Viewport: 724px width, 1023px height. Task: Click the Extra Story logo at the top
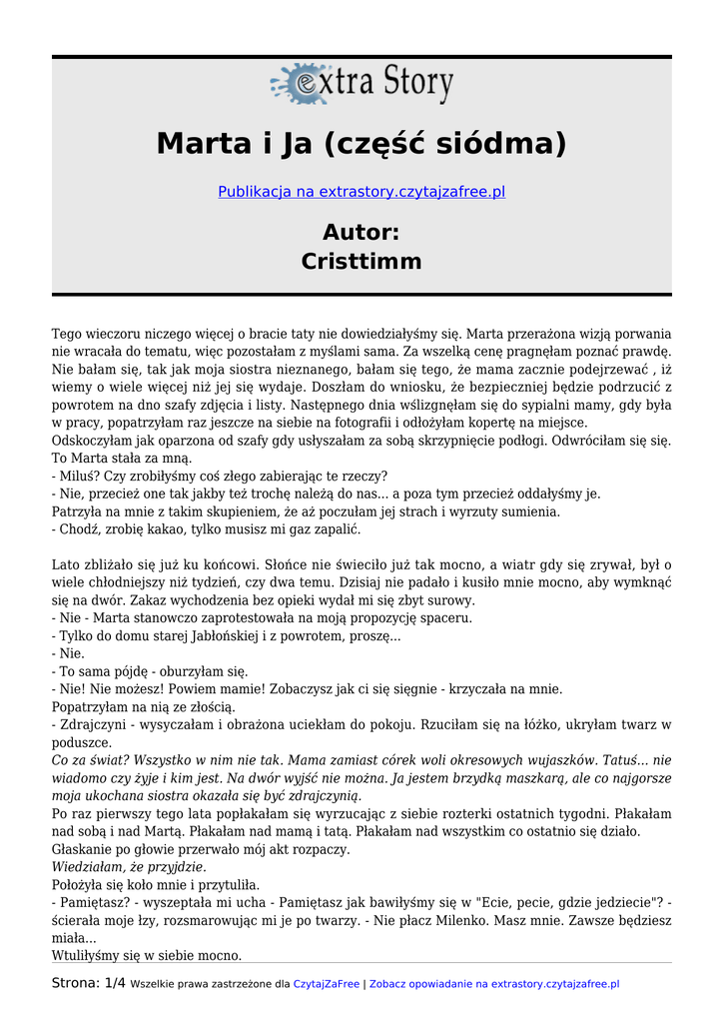[362, 84]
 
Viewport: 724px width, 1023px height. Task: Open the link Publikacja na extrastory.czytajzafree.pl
[362, 191]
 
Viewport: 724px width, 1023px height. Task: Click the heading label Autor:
[362, 233]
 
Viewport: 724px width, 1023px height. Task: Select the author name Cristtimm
[362, 262]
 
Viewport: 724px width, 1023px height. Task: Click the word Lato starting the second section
[68, 565]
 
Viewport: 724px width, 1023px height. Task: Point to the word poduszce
[82, 742]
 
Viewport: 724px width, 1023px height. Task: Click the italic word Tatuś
[626, 760]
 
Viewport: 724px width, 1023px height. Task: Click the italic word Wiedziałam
[91, 867]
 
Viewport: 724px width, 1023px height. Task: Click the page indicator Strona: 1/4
[89, 984]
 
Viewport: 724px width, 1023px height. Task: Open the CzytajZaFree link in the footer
[326, 985]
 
